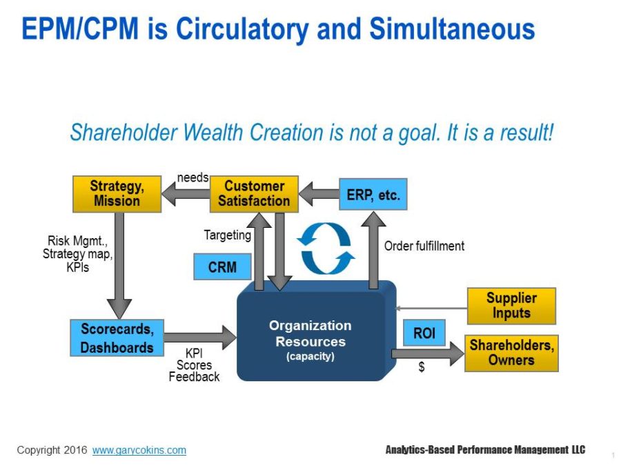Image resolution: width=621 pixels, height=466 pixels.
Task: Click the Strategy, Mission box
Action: (x=117, y=194)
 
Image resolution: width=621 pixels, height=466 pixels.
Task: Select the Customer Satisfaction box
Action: (x=254, y=194)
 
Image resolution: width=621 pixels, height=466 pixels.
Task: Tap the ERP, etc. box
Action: (x=373, y=195)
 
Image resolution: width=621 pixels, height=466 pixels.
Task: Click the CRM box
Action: (x=222, y=267)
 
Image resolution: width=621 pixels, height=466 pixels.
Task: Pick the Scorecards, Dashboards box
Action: (x=117, y=338)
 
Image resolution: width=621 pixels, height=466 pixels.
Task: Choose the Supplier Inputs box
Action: (x=511, y=306)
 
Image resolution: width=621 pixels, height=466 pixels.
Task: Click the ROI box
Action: (x=424, y=333)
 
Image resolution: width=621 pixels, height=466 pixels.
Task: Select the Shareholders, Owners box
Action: (x=511, y=353)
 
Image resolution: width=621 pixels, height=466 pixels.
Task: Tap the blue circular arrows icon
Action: (x=326, y=248)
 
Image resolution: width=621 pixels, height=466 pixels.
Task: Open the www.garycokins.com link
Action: (x=139, y=450)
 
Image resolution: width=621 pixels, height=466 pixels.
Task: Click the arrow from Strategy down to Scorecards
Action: (x=119, y=266)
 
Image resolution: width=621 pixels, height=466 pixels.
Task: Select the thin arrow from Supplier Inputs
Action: (x=431, y=309)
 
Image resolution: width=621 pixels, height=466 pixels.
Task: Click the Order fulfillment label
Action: (x=424, y=246)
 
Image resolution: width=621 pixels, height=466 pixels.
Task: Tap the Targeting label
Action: (x=227, y=235)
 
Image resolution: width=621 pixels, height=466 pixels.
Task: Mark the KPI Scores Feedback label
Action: (x=194, y=365)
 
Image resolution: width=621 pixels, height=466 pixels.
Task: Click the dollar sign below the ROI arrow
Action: (x=422, y=368)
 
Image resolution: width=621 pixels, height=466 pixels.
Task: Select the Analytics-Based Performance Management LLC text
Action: (x=485, y=450)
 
